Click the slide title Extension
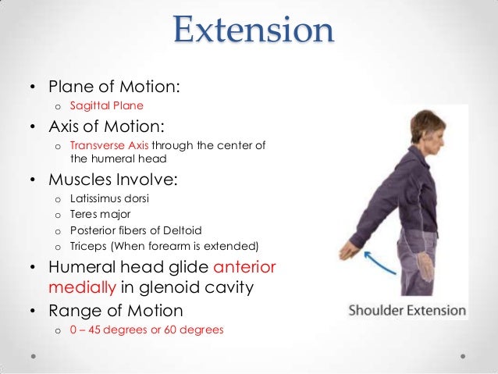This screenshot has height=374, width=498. click(x=254, y=31)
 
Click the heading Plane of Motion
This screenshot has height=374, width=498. click(x=115, y=85)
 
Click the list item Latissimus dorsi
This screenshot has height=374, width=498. click(x=109, y=198)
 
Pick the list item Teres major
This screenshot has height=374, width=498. click(x=98, y=213)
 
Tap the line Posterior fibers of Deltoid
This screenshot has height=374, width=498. click(x=135, y=229)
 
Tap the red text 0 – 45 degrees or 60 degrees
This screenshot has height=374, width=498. click(x=146, y=329)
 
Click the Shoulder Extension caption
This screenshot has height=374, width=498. click(x=407, y=310)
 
